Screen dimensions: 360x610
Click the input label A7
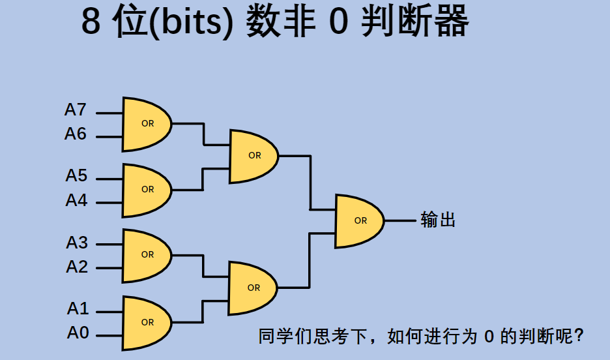(76, 110)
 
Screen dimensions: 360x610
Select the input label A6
(76, 134)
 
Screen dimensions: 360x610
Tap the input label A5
(76, 176)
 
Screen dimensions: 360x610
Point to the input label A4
(76, 200)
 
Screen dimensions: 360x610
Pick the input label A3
(76, 243)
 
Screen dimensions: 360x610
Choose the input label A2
(76, 266)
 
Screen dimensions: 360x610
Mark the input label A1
(78, 308)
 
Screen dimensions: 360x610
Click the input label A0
(78, 333)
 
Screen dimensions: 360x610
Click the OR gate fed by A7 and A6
(147, 124)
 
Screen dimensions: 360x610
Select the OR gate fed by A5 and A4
(147, 190)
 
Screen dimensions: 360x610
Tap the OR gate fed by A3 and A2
(147, 255)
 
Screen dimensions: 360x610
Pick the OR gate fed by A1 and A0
(147, 322)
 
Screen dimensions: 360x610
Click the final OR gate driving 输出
(359, 221)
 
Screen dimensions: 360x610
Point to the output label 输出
(438, 220)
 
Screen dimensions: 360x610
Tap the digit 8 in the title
(91, 23)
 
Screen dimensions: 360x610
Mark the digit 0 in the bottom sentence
(489, 337)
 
